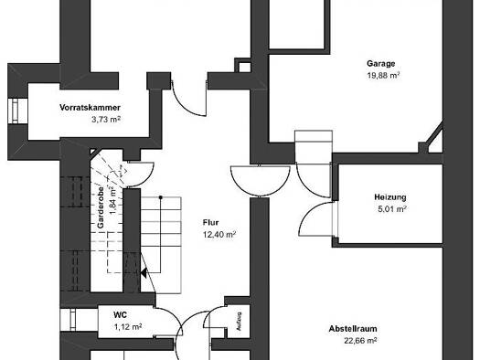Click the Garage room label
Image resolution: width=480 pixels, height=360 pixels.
pos(381,64)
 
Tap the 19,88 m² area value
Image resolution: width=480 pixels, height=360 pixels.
pos(384,75)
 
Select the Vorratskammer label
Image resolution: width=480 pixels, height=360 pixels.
pos(90,108)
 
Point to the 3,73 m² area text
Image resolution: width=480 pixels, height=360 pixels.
pos(106,120)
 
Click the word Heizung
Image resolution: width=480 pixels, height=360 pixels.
pos(390,197)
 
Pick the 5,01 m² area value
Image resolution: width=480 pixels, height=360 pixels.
pos(392,209)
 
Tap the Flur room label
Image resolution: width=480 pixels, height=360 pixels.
pos(210,222)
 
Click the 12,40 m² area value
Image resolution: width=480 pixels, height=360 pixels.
pos(219,235)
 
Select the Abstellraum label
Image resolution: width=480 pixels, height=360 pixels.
pos(353,329)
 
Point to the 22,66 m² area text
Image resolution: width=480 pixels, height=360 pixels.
pos(360,341)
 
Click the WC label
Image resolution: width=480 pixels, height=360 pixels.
pos(120,314)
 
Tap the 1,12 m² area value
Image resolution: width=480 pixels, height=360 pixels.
pos(128,327)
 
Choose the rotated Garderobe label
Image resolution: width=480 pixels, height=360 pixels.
pos(101,207)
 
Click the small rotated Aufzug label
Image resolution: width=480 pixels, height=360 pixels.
pos(239,321)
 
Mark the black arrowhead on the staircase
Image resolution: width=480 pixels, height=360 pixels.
pos(144,272)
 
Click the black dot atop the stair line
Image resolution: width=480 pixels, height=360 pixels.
pos(160,197)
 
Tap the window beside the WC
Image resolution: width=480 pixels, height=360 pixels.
pos(73,320)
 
